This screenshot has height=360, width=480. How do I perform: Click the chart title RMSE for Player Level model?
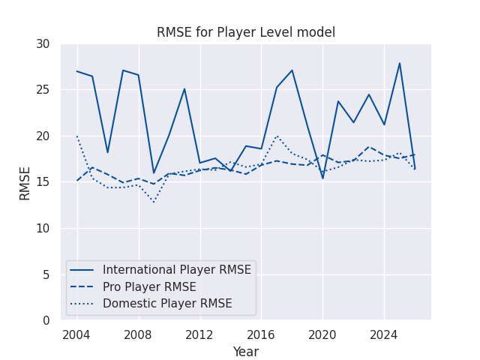[245, 32]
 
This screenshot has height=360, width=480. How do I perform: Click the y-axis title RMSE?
[25, 182]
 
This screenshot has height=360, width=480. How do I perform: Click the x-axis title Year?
[245, 352]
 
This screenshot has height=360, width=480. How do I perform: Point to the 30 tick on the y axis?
[42, 44]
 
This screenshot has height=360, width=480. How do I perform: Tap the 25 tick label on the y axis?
[42, 90]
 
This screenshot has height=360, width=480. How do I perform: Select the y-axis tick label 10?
[42, 229]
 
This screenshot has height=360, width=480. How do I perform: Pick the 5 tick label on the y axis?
[46, 275]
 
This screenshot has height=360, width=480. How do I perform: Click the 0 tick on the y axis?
[46, 321]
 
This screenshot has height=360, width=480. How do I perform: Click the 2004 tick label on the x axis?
[77, 334]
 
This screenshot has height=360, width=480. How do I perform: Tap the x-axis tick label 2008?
[139, 334]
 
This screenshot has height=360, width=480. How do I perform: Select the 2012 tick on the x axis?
[199, 334]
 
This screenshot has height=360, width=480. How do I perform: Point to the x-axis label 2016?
[261, 334]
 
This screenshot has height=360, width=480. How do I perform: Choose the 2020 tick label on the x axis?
[322, 334]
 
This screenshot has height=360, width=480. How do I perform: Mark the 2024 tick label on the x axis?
[384, 334]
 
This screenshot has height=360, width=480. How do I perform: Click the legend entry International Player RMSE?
[176, 270]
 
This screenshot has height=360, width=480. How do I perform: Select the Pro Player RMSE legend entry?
[149, 287]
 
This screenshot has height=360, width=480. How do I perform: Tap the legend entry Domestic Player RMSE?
[167, 304]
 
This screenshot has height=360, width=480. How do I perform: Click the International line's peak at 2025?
[400, 63]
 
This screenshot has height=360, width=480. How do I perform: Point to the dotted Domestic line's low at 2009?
[154, 202]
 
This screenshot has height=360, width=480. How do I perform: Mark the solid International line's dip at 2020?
[322, 178]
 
